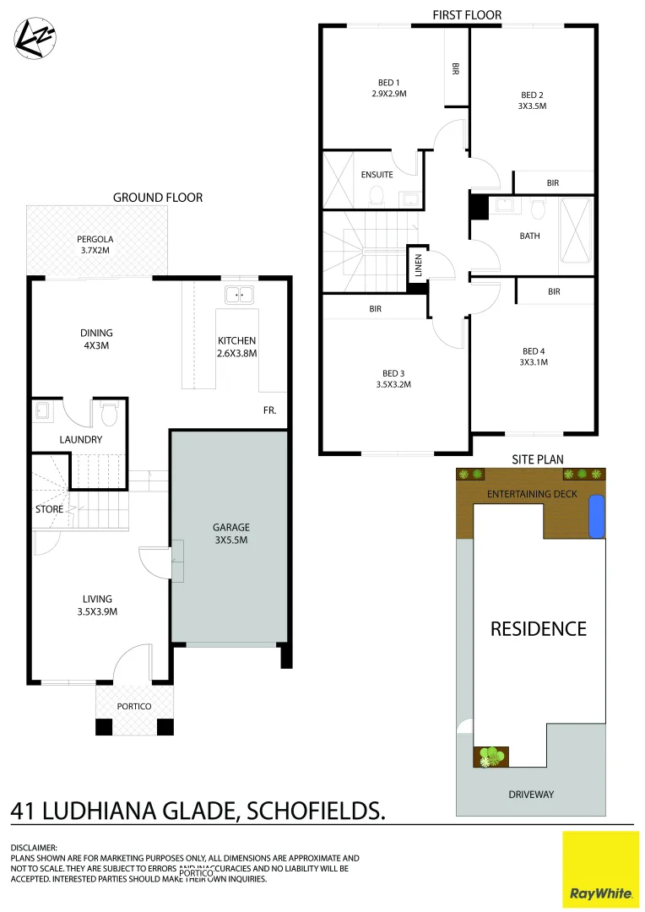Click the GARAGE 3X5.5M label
coord(230,534)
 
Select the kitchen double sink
coord(240,295)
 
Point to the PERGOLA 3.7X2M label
coord(95,245)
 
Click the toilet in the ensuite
coord(377,197)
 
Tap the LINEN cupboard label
coord(417,266)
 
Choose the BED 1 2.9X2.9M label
coord(388,88)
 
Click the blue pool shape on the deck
coord(596,516)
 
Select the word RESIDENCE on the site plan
coord(539,628)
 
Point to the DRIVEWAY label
coord(531,794)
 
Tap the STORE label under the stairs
coord(49,509)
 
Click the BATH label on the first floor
coord(529,236)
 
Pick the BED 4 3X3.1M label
coord(534,356)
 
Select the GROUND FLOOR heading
coord(158,198)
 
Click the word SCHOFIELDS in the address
coord(314,812)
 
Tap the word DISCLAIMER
coord(34,847)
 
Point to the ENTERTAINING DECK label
coord(532,494)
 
